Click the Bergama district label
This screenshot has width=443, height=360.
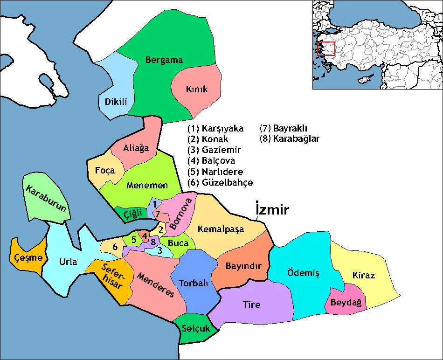tap(164, 60)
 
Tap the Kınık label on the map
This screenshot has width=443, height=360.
tap(196, 89)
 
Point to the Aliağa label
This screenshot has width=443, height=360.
tap(136, 148)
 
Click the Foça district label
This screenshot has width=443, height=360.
tap(104, 170)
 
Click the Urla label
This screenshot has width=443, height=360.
tap(68, 261)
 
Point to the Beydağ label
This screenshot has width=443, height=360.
tap(346, 303)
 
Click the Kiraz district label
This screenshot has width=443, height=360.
tap(364, 275)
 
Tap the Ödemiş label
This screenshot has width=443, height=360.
tap(303, 273)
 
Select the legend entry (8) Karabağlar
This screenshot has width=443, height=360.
tap(290, 138)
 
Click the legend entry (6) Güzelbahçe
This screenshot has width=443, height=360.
tap(220, 182)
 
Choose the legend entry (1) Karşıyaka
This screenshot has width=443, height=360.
tap(215, 128)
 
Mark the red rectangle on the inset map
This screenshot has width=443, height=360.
tap(326, 49)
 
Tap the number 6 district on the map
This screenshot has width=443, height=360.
tap(115, 247)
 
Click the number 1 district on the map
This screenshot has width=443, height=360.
tap(154, 204)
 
